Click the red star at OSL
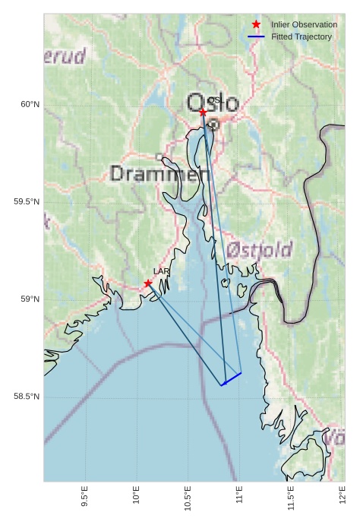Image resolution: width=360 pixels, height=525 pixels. click(203, 112)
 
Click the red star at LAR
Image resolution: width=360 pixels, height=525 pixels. click(148, 283)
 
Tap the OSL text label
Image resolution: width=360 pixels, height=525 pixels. click(215, 100)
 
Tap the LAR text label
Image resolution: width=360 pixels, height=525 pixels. click(161, 271)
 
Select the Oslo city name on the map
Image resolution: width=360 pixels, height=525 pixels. click(213, 103)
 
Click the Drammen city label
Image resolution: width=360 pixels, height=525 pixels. click(159, 174)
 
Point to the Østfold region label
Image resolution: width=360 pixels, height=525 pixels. click(259, 250)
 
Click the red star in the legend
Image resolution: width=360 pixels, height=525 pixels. click(256, 24)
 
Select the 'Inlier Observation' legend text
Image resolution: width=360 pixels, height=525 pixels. click(304, 24)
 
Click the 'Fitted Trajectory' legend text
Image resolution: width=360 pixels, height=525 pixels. click(302, 36)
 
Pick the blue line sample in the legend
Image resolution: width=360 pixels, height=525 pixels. click(256, 36)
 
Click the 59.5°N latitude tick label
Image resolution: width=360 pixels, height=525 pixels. click(27, 202)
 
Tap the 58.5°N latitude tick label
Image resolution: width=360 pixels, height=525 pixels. click(27, 397)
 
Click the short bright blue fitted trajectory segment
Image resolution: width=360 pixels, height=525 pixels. click(232, 379)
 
